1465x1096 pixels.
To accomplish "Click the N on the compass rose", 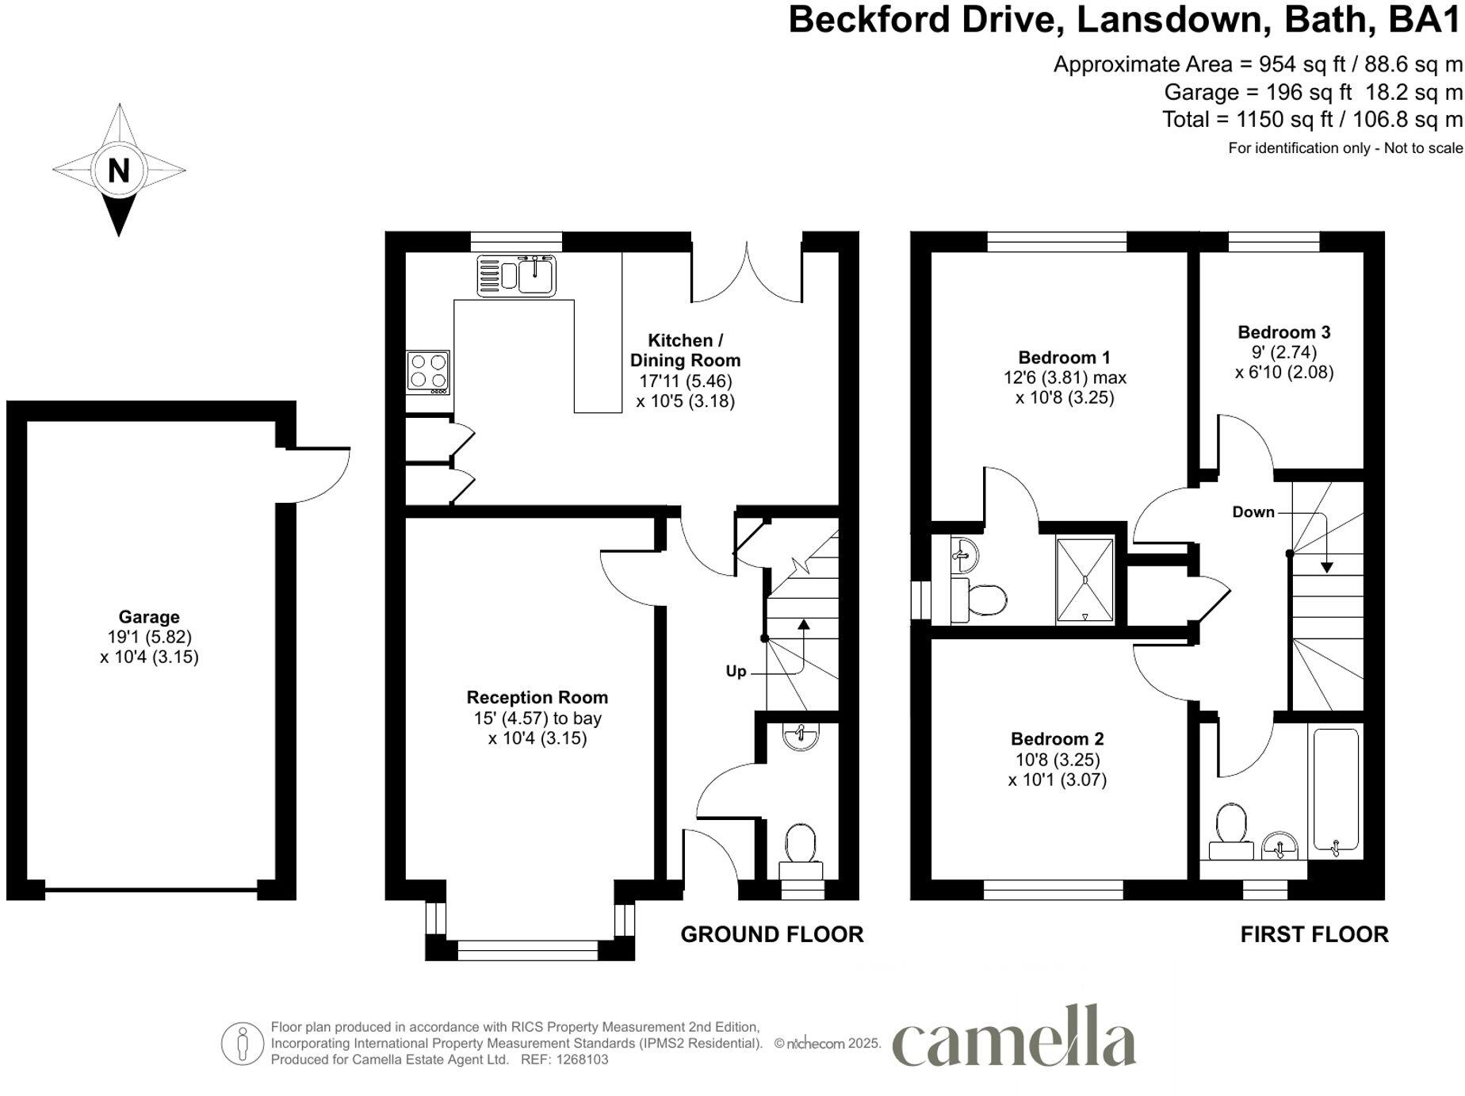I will pyautogui.click(x=119, y=171).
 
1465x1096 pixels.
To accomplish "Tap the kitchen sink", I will pyautogui.click(x=517, y=275).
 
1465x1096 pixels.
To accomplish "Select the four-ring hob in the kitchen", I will pyautogui.click(x=428, y=372).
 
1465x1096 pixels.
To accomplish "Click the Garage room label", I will pyautogui.click(x=149, y=617).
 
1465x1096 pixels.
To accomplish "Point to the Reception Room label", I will pyautogui.click(x=537, y=698).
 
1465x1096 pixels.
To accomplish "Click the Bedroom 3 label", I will pyautogui.click(x=1283, y=332).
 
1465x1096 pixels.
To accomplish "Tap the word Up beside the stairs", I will pyautogui.click(x=736, y=672).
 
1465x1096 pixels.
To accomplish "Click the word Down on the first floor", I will pyautogui.click(x=1253, y=512).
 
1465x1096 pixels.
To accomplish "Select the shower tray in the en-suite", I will pyautogui.click(x=1084, y=581).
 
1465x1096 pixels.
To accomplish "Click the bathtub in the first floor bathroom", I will pyautogui.click(x=1336, y=791).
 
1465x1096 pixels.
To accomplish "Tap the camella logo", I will pyautogui.click(x=1014, y=1038).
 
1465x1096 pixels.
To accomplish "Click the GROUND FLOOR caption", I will pyautogui.click(x=771, y=935).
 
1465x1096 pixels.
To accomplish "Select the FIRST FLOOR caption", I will pyautogui.click(x=1314, y=935).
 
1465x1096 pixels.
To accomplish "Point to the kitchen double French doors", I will pyautogui.click(x=746, y=274).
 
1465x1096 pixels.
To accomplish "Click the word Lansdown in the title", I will pyautogui.click(x=1169, y=20).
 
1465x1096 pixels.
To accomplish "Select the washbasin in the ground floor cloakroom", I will pyautogui.click(x=800, y=737).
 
